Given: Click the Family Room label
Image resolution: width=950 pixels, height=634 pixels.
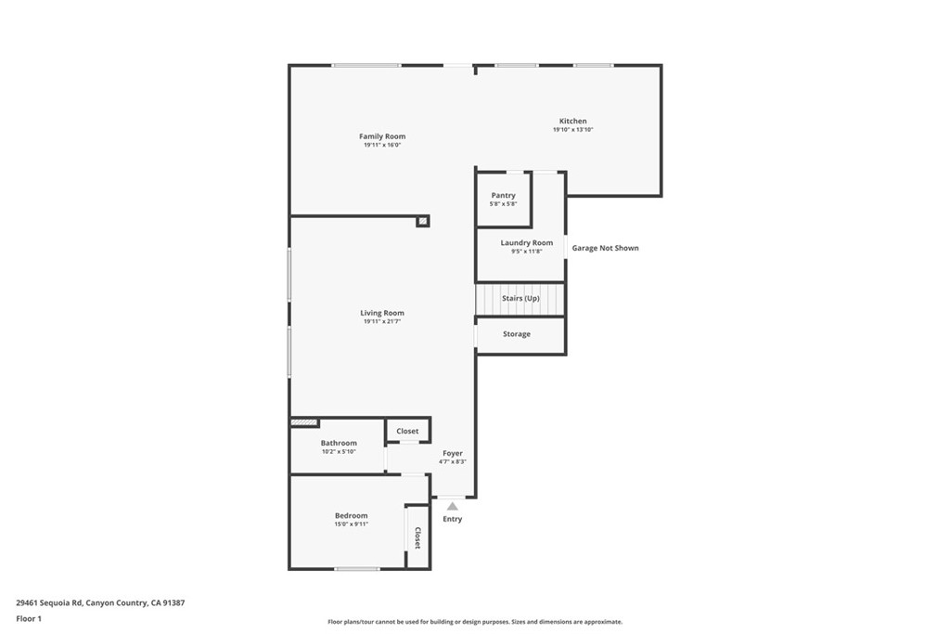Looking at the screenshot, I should [382, 136].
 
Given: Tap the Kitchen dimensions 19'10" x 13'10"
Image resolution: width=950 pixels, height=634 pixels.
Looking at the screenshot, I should [572, 130].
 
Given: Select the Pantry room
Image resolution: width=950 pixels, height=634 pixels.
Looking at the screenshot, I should [503, 199].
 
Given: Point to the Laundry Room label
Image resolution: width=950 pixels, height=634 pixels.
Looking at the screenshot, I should [526, 243].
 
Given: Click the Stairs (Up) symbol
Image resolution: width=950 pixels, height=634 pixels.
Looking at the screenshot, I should [520, 299].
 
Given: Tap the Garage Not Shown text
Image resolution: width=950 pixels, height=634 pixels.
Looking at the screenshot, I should [605, 248].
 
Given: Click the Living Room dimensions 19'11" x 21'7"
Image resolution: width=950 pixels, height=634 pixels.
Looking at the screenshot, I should [382, 321].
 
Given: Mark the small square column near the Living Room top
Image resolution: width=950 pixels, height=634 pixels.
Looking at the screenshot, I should [422, 221].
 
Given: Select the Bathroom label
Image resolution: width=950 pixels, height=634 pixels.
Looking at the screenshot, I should [339, 444].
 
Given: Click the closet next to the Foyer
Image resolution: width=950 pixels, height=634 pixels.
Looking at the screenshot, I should [407, 431].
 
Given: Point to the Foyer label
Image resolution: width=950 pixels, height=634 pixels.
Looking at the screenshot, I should [452, 453].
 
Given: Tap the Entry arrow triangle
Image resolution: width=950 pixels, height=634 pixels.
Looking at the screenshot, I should [452, 507].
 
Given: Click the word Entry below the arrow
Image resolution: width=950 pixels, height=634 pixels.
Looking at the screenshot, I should [452, 519].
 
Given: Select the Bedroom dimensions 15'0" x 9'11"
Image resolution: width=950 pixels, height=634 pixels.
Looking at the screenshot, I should [352, 524].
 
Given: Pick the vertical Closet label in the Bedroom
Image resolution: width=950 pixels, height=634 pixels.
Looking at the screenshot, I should [417, 537].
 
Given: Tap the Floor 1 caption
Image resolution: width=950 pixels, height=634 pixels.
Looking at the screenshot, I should [30, 618].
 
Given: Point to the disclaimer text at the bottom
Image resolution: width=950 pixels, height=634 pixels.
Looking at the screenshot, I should [475, 622].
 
